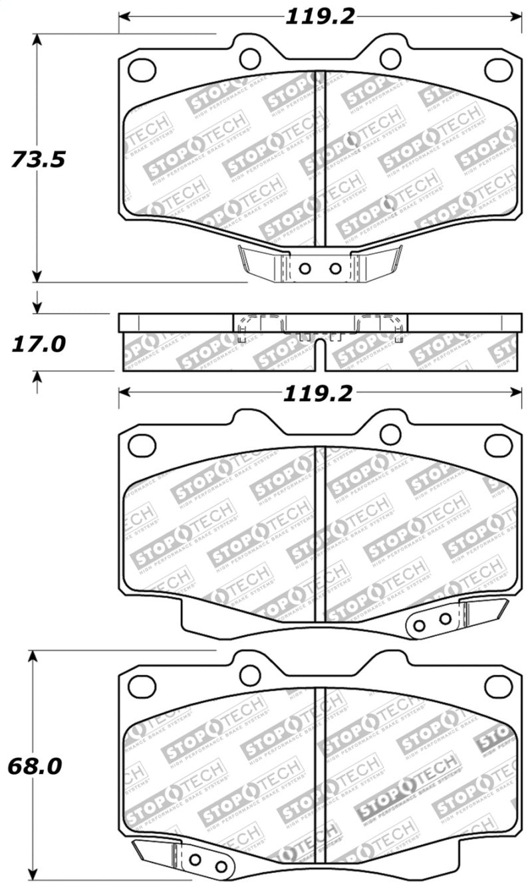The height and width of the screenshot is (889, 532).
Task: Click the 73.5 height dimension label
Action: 38,160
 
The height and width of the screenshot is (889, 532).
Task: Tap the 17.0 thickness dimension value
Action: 38,344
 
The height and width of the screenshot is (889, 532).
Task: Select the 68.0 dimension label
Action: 35,767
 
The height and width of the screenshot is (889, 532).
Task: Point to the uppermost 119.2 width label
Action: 321,17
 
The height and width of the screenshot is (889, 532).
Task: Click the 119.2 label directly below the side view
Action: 318,394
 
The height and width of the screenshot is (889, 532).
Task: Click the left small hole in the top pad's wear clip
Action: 305,269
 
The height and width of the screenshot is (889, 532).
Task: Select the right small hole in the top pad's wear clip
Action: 335,269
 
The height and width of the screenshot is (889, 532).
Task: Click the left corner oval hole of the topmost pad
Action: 142,69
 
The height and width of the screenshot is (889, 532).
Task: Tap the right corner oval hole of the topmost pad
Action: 498,69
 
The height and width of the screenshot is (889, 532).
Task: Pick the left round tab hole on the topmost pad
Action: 250,58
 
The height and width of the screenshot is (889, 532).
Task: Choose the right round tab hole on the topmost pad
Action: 390,58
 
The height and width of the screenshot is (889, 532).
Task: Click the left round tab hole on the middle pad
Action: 250,434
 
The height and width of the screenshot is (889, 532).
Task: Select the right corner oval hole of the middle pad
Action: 498,445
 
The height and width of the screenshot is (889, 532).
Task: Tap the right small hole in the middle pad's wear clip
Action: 445,619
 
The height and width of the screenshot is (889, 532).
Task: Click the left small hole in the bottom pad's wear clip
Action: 195,860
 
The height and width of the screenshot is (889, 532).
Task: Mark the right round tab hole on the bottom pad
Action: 390,675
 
